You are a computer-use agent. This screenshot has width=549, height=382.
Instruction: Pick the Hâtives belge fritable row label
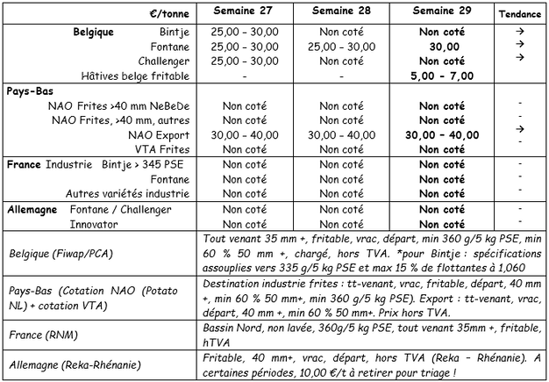(132, 76)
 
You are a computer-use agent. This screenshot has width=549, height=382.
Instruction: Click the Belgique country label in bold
(96, 31)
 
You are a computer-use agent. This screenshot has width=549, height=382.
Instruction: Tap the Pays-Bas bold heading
(27, 91)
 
